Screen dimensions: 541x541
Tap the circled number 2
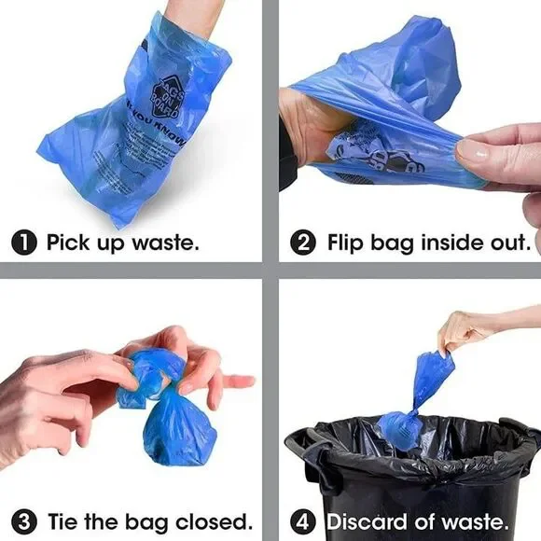303,243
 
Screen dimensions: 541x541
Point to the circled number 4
303,520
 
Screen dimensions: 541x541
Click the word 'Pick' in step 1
69,243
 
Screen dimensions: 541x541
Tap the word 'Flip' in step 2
348,243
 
